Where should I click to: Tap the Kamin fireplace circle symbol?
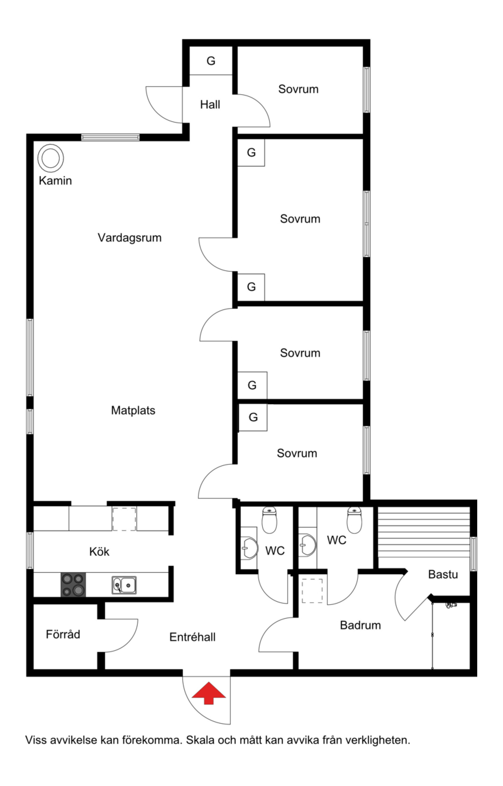coord(51,158)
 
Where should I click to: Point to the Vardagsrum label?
coord(130,238)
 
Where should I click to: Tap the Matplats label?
coord(133,410)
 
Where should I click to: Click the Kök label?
coord(99,551)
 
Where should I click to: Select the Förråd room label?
coord(63,634)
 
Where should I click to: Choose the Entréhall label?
coord(192,637)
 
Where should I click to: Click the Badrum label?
coord(360,625)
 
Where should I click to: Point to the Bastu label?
coord(443,574)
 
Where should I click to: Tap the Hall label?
coord(210,104)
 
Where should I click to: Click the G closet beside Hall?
coord(211,61)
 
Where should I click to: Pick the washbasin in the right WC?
coord(307,545)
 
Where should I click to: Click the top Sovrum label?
coord(298,89)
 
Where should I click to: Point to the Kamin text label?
coord(55,180)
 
